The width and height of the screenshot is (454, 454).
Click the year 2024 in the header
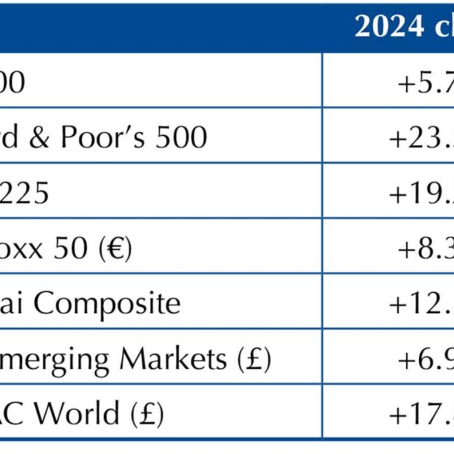click(389, 26)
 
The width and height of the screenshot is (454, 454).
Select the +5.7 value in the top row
click(425, 84)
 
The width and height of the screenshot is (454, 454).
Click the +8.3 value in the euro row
click(425, 249)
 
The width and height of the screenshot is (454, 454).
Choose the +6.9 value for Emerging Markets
click(425, 358)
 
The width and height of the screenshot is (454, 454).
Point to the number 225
click(24, 194)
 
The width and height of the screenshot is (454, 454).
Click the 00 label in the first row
click(12, 84)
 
